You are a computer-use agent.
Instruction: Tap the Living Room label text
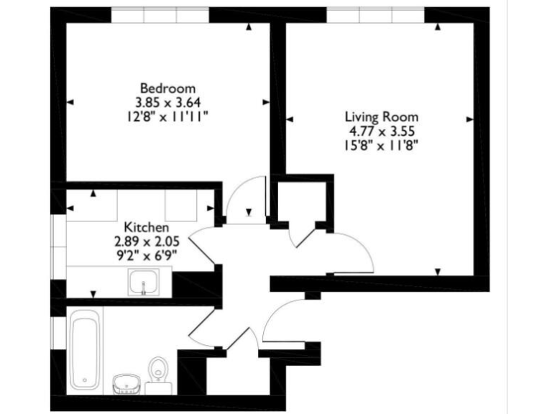pyautogui.click(x=381, y=116)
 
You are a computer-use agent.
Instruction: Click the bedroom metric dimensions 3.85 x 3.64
pyautogui.click(x=167, y=101)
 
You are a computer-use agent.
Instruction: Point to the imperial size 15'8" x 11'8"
pyautogui.click(x=381, y=144)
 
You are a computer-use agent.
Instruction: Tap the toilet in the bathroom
pyautogui.click(x=157, y=372)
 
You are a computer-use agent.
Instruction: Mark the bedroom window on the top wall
pyautogui.click(x=160, y=14)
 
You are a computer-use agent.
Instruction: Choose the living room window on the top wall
pyautogui.click(x=376, y=14)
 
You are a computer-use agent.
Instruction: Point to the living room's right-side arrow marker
pyautogui.click(x=470, y=119)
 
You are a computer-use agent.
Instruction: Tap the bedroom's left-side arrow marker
pyautogui.click(x=70, y=102)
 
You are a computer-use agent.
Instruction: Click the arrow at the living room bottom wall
pyautogui.click(x=438, y=271)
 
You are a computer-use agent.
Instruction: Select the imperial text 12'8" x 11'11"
pyautogui.click(x=167, y=115)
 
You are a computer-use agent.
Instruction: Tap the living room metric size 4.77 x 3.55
pyautogui.click(x=381, y=130)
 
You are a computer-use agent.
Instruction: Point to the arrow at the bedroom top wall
pyautogui.click(x=249, y=27)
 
